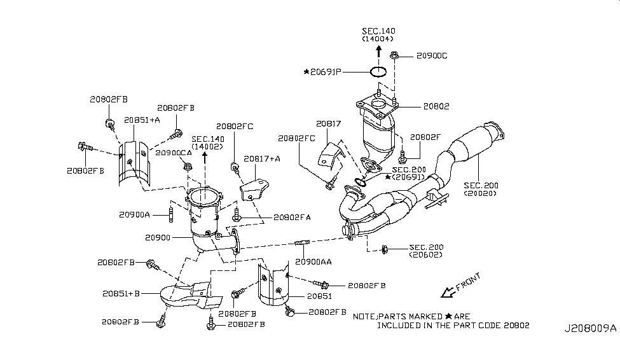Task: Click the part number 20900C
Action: [x=432, y=56]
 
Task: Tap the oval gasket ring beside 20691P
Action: [x=378, y=72]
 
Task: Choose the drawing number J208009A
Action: [x=590, y=329]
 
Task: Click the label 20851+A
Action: [x=142, y=120]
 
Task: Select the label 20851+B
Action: [x=120, y=294]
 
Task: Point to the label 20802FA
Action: [x=292, y=217]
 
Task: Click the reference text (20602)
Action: [x=426, y=254]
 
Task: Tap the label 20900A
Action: [x=134, y=215]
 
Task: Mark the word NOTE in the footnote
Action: [x=365, y=316]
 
